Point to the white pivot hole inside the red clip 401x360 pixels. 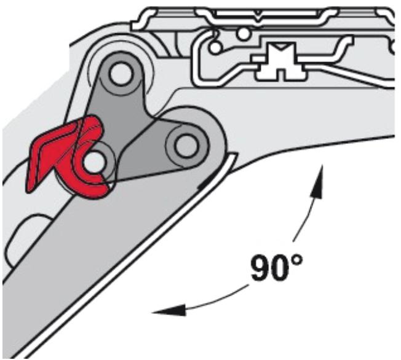pos(93,163)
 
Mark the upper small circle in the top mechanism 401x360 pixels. pos(244,32)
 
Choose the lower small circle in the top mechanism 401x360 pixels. pos(215,46)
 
